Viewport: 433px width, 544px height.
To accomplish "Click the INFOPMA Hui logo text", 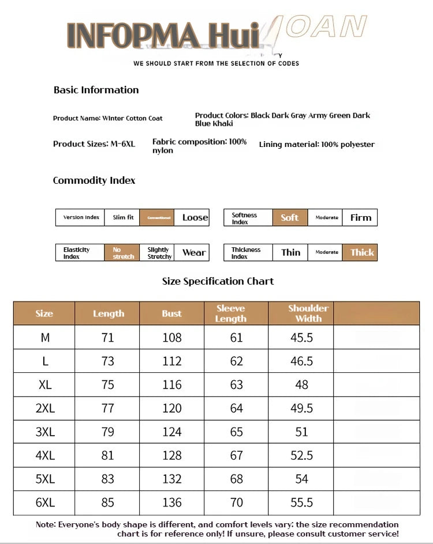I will point(163,35).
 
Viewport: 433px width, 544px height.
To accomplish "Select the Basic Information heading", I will point(96,90).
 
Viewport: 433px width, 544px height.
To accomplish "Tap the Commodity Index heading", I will point(94,180).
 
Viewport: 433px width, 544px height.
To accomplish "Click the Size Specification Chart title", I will point(218,281).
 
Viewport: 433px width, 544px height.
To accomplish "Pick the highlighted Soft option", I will point(290,217).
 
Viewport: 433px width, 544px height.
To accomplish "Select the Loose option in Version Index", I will point(195,217).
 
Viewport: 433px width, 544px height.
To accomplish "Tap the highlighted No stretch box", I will point(122,252).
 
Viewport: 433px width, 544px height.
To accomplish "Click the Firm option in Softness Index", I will point(360,217).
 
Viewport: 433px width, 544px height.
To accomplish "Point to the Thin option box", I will point(290,252).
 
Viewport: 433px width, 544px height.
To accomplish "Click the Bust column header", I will point(172,313).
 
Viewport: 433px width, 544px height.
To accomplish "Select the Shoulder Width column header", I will point(308,313).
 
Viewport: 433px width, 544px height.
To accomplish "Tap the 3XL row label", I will point(45,432).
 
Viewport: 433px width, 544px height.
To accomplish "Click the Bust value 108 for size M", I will point(172,337).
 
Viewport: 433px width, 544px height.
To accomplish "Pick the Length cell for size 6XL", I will point(108,503).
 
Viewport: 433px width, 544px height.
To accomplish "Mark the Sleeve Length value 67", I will point(237,455).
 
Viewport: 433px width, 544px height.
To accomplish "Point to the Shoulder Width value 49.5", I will point(301,408).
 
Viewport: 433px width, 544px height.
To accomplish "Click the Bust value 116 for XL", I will point(172,384).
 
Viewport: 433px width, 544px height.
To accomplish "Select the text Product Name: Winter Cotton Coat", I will point(108,118).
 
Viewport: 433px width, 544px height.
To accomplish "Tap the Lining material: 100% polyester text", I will point(316,144).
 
